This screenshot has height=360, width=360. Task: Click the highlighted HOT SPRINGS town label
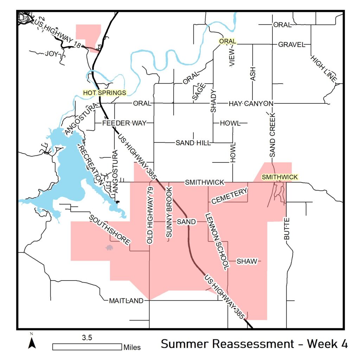coord(104,93)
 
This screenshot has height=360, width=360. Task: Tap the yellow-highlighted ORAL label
coord(227,41)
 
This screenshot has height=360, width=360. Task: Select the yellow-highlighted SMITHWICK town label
coord(280,177)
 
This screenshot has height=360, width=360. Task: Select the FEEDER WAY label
coord(123,123)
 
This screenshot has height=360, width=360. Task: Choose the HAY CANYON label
coord(251,103)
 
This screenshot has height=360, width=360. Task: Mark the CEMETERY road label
coord(229,196)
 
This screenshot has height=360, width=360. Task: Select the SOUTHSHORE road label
coord(110,230)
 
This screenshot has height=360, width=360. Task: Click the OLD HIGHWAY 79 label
coord(150,216)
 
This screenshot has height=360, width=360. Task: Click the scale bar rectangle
coord(87,347)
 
